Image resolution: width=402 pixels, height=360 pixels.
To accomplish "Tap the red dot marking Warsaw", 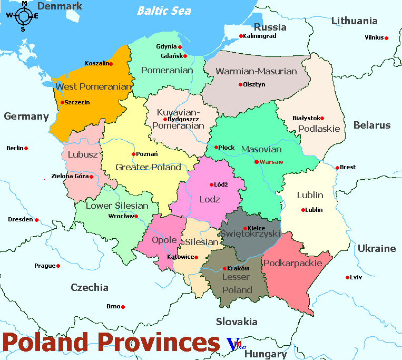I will coord(257,162).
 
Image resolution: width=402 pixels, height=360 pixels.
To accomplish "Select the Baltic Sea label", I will coord(164,11).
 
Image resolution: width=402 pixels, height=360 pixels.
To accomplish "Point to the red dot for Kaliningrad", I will coord(241,36).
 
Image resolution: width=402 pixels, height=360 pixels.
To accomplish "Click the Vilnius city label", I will coord(374,38).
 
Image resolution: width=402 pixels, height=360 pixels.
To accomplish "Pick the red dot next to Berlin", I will coord(26,149).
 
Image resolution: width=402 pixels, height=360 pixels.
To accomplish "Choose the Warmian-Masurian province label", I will coord(257,71).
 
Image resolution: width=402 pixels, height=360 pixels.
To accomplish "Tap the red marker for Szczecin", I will coord(62,102).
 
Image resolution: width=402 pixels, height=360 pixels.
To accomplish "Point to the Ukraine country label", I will coord(376,248).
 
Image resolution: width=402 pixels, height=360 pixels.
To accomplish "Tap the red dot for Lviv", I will coord(347,277).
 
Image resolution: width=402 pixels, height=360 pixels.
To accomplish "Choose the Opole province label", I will coord(164,240).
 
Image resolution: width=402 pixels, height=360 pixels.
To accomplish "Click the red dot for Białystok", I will coord(322,118).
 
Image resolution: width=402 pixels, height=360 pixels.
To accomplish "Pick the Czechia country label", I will coord(90,287).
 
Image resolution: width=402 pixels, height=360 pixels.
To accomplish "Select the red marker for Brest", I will coord(337,168).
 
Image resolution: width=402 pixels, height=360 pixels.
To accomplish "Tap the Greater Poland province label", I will coord(148,167).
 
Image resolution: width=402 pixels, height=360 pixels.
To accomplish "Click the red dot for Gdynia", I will coord(180,47).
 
